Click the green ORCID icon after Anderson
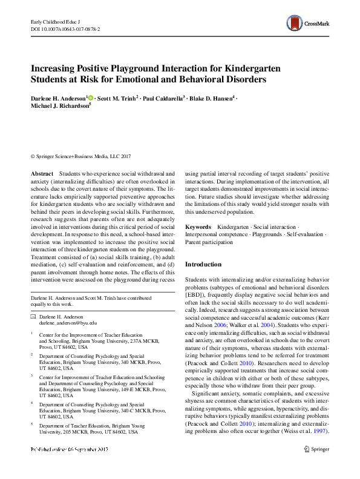click(91, 97)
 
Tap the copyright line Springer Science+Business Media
click(80, 156)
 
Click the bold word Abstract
click(42, 173)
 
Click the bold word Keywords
click(198, 226)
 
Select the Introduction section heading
click(203, 265)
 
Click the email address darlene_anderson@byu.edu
click(63, 324)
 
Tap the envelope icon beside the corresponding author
click(33, 317)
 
